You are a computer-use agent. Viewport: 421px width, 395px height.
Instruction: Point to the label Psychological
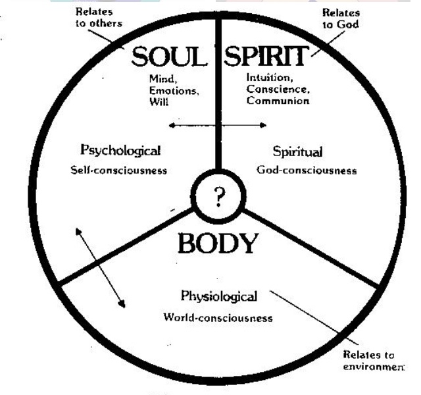pyautogui.click(x=119, y=151)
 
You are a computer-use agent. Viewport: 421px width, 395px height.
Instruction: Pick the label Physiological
pyautogui.click(x=218, y=296)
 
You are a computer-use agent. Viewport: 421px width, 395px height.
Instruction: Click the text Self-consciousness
pyautogui.click(x=119, y=170)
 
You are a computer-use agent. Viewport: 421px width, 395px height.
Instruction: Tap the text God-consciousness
pyautogui.click(x=307, y=170)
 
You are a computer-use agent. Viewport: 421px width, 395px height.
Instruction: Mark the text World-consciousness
pyautogui.click(x=218, y=318)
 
